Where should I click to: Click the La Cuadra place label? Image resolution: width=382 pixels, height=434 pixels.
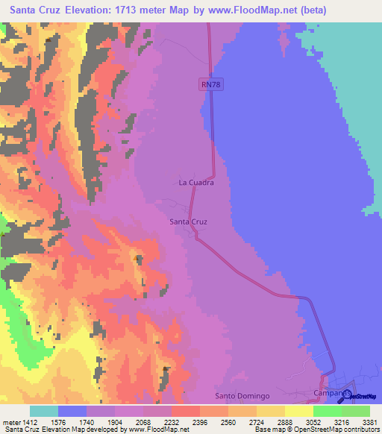point(197,182)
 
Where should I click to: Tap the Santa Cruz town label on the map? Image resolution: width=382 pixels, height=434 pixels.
point(188,221)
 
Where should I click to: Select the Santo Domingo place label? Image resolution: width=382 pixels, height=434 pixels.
point(241,394)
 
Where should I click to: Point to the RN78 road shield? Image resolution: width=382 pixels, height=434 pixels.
point(210,85)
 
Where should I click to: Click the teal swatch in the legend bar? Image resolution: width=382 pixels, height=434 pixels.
point(44,411)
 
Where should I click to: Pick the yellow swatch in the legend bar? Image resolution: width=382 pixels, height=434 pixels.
point(299,411)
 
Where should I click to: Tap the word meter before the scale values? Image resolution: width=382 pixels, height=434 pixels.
point(9,421)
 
